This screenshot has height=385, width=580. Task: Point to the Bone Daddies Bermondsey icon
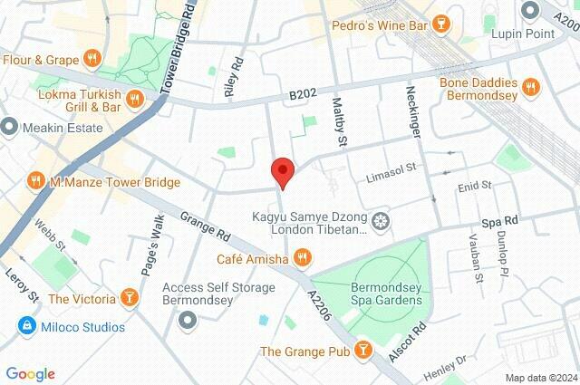[532, 87]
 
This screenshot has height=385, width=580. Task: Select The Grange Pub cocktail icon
[362, 350]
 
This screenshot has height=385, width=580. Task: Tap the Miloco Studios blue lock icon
[26, 324]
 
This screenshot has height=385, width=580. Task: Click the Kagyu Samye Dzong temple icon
[382, 221]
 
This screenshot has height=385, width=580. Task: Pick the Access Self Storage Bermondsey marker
[188, 320]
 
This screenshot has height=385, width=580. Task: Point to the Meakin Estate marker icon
[10, 127]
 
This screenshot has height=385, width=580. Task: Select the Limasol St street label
[390, 168]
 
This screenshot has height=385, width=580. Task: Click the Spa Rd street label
[498, 220]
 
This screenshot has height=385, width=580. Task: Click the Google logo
[30, 374]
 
